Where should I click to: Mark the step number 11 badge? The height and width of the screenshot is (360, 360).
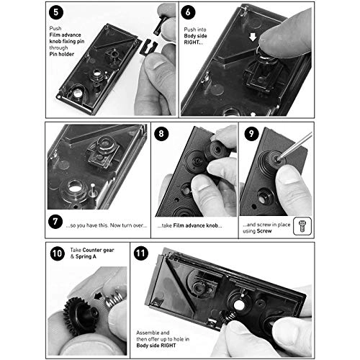(142, 255)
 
